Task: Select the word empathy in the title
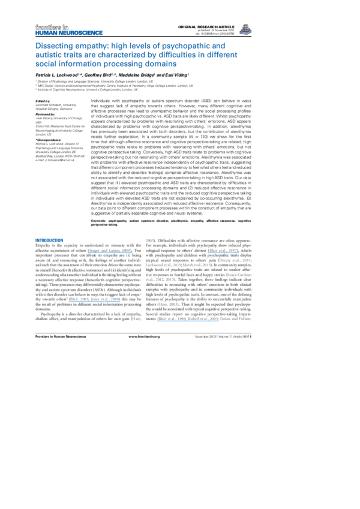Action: coord(88,46)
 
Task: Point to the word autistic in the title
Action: coord(49,55)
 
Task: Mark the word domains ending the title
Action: coord(163,64)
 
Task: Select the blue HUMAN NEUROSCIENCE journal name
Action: coord(69,33)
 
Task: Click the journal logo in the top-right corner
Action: coord(245,30)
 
